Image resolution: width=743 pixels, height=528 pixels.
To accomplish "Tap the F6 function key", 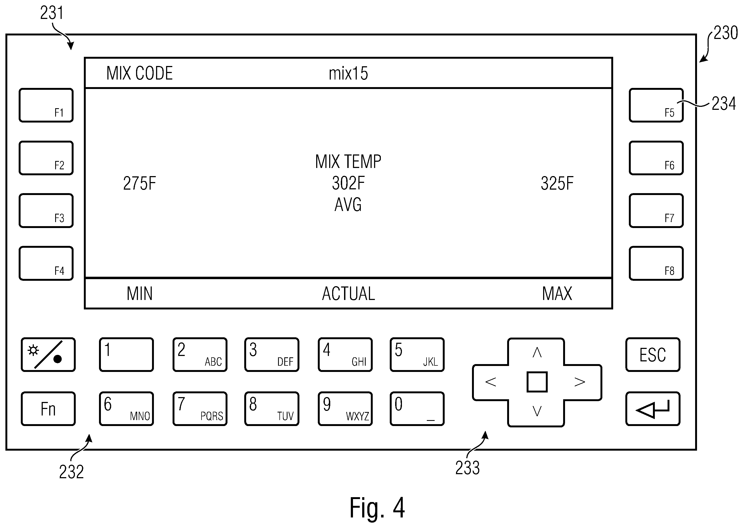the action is (x=656, y=158).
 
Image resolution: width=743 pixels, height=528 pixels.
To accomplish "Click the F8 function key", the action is (x=656, y=263).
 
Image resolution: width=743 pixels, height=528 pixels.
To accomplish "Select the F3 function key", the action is (x=46, y=211).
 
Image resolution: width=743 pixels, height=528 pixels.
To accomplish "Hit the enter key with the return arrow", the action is (x=653, y=409).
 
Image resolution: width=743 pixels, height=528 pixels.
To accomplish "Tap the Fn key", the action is (x=48, y=409).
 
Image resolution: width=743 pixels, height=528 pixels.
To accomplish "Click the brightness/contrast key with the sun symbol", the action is (x=48, y=355).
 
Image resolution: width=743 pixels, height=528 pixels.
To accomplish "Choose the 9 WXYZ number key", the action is (x=345, y=409).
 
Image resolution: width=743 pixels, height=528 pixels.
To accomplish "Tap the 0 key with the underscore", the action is (x=417, y=409).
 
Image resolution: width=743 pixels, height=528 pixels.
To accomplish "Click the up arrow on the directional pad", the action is (x=537, y=352).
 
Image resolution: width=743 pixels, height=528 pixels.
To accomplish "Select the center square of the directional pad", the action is (x=537, y=382).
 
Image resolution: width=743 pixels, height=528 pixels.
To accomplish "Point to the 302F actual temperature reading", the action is (x=348, y=183).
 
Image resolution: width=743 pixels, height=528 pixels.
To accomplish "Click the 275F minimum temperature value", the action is (x=140, y=183).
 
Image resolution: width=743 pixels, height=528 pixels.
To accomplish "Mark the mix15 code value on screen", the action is (x=348, y=74).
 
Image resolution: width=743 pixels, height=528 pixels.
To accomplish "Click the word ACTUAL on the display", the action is (x=348, y=293).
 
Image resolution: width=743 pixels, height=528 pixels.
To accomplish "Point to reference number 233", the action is (x=467, y=468).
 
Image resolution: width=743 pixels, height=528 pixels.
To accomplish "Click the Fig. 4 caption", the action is (x=377, y=507).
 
